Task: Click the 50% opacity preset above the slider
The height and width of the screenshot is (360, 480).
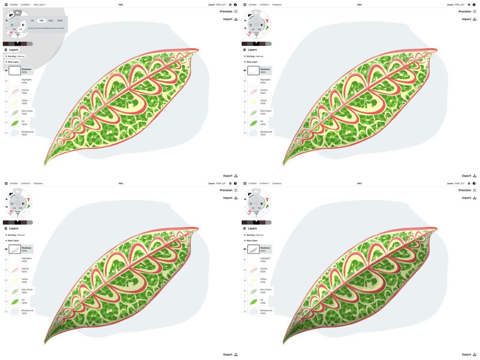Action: (x=50, y=21)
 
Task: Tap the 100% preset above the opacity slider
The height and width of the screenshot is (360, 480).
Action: (x=60, y=21)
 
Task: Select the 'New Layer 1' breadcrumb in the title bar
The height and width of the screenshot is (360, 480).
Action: (x=40, y=4)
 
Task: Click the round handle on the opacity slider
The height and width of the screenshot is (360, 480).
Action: (x=32, y=28)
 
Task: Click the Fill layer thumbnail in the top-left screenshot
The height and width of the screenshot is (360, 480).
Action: (x=15, y=123)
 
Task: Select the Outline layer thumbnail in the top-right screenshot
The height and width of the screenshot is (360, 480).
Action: (x=254, y=91)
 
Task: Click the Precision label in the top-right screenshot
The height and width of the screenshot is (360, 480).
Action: (x=464, y=11)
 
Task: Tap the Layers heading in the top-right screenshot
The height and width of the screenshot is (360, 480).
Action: (x=252, y=49)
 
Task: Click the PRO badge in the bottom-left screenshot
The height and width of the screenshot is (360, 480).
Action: (x=120, y=183)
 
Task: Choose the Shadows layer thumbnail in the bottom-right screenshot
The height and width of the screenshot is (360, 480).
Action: (x=254, y=249)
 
